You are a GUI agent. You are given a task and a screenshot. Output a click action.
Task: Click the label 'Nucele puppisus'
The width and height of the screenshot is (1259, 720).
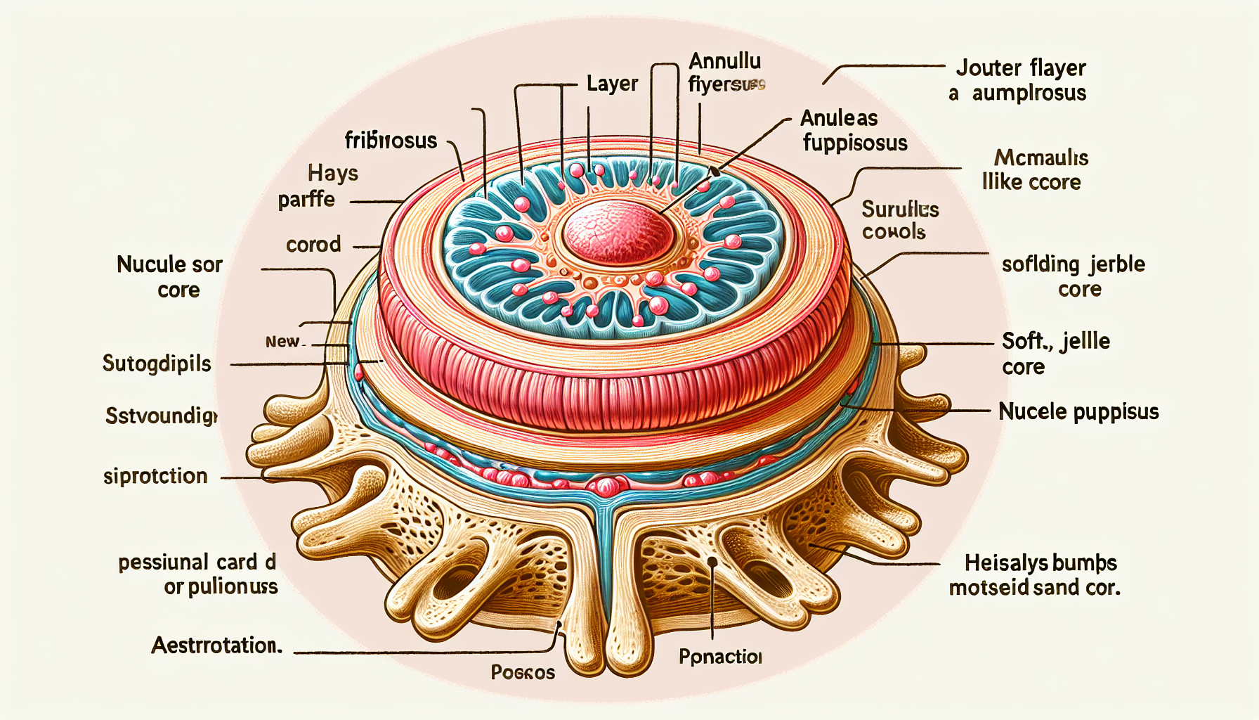pos(1078,411)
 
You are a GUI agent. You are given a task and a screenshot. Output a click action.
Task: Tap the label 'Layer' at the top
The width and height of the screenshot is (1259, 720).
pos(612,84)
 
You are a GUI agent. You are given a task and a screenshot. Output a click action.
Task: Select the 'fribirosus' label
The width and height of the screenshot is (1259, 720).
pos(391,141)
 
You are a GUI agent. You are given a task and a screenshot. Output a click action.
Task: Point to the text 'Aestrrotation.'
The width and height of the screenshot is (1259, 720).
pos(216,645)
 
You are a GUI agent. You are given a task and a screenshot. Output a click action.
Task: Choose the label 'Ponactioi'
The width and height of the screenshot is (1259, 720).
pos(720,657)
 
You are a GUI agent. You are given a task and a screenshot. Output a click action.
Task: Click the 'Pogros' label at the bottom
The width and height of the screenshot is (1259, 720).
pos(523,673)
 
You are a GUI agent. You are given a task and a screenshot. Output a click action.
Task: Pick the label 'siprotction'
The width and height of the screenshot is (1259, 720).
pos(155,477)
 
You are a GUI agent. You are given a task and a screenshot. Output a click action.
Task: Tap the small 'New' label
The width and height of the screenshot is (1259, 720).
pos(282,342)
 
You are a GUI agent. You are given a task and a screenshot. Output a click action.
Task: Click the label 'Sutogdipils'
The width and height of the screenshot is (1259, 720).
pos(157,364)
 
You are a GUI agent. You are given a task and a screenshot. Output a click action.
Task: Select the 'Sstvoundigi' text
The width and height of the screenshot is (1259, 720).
pos(162,416)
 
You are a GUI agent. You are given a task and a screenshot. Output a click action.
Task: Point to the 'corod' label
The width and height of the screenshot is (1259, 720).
pos(313,245)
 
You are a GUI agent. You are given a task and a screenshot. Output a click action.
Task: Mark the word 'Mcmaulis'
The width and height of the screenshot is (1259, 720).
pos(1041,157)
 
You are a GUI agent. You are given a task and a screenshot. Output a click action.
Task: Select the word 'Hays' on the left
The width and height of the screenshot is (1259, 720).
pos(333,173)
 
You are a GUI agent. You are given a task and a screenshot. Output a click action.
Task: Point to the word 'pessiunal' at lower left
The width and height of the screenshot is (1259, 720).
pos(163,562)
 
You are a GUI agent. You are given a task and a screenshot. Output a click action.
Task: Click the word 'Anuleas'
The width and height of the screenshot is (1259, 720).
pos(839,118)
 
